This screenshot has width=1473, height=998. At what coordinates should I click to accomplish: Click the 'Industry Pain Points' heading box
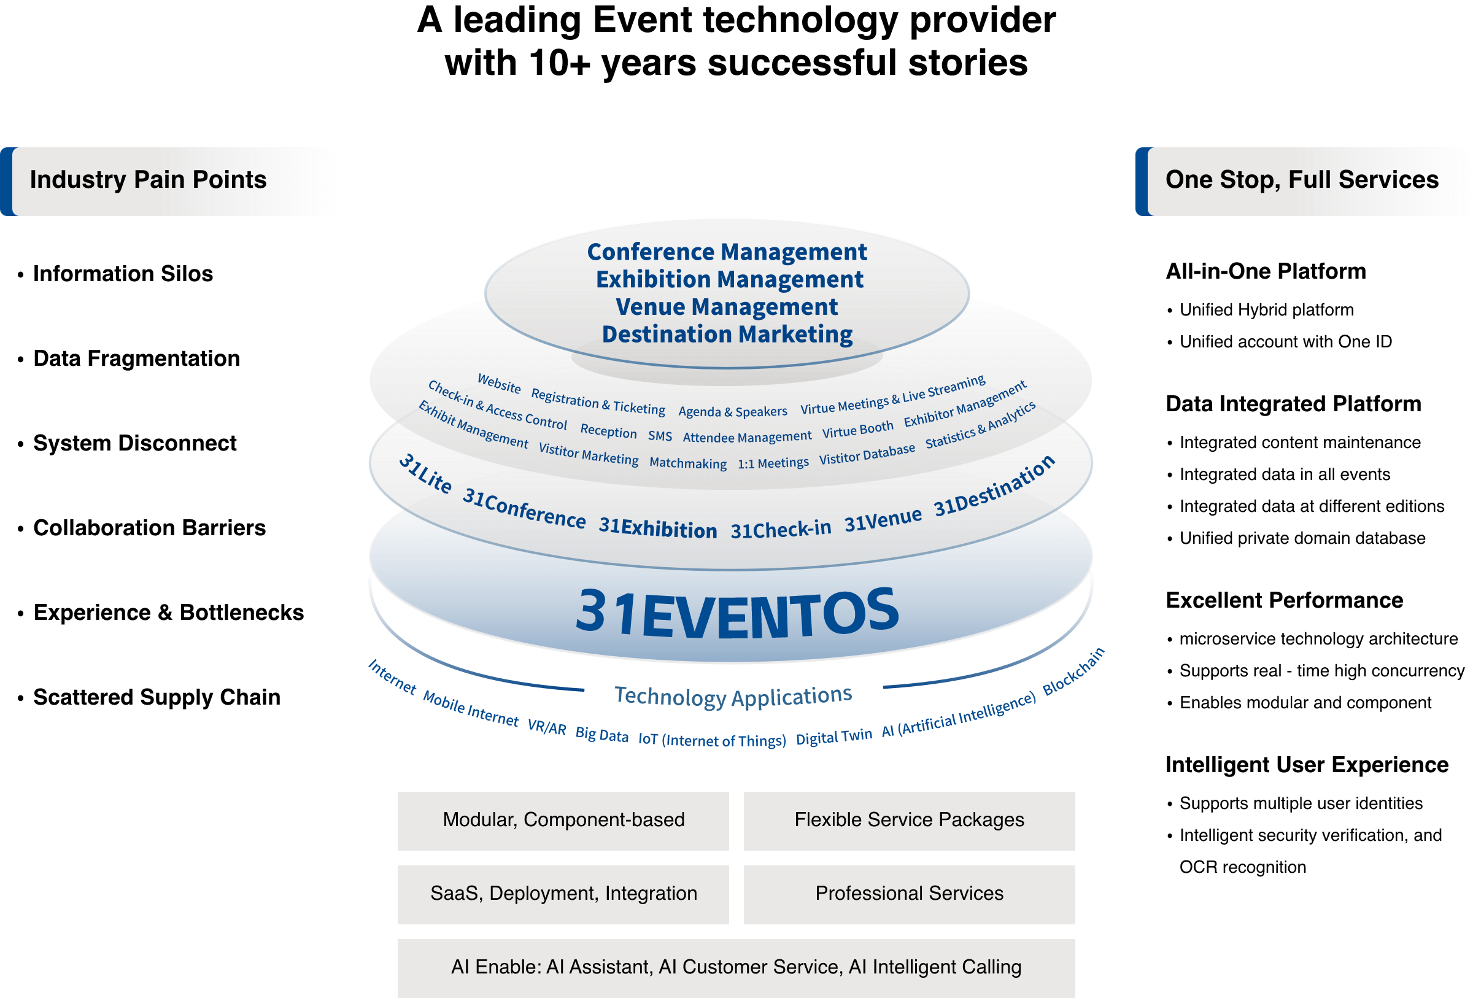click(x=169, y=181)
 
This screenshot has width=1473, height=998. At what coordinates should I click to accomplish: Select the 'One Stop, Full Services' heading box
click(x=1303, y=181)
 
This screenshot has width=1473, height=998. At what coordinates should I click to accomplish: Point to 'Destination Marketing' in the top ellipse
click(x=727, y=334)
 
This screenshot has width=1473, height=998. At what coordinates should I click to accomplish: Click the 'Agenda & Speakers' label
click(x=733, y=412)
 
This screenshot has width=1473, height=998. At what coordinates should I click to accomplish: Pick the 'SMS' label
click(x=660, y=436)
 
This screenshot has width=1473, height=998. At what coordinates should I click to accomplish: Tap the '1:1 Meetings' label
click(x=773, y=463)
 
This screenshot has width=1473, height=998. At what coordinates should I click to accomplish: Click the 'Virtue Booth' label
click(x=857, y=430)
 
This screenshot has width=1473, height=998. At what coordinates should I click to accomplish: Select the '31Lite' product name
click(x=425, y=473)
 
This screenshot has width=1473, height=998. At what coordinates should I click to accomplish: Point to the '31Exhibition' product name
click(x=658, y=528)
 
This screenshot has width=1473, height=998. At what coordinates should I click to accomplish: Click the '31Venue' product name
click(x=883, y=520)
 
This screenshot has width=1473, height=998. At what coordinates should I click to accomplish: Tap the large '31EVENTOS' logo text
click(x=737, y=611)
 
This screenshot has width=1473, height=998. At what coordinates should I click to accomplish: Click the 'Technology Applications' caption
click(x=733, y=696)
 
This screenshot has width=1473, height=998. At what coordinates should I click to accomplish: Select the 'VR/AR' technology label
click(x=547, y=727)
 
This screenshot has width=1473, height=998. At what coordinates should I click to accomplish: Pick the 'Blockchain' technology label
click(x=1073, y=671)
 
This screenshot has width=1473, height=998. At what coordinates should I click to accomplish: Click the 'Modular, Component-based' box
click(x=563, y=821)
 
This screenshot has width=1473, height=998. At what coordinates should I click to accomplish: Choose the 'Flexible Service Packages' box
click(x=909, y=821)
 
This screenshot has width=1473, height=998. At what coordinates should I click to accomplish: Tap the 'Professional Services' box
click(x=909, y=894)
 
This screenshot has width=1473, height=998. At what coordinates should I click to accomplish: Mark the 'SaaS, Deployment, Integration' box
click(x=563, y=894)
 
